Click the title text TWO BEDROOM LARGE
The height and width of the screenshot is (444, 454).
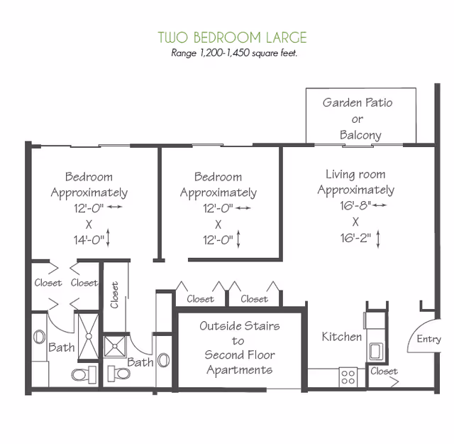[x=232, y=38]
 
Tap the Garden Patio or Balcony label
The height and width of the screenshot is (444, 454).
[x=357, y=118]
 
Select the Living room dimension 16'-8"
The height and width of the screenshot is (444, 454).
[x=355, y=205]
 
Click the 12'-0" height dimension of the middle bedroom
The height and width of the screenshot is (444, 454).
[x=218, y=239]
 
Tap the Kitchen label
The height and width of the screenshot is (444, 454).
[x=342, y=336]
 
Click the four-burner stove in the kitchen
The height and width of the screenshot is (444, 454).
[x=348, y=377]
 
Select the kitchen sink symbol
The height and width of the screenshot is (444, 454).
[x=375, y=350]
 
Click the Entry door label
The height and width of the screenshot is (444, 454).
[x=428, y=339]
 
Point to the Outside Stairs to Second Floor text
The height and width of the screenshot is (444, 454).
[x=239, y=348]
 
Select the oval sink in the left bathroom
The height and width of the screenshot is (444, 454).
[x=40, y=336]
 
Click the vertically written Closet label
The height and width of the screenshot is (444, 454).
[x=115, y=296]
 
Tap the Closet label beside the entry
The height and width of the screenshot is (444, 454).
[x=384, y=371]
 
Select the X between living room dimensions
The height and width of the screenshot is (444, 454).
[x=355, y=221]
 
